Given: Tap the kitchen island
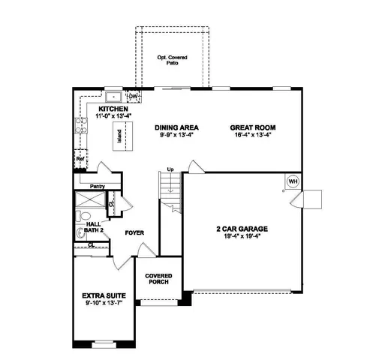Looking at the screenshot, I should click(x=119, y=136).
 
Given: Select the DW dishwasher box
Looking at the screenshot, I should click(x=133, y=97).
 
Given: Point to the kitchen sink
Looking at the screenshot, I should click(x=113, y=97).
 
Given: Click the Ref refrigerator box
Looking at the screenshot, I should click(x=79, y=160).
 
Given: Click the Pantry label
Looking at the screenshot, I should click(x=96, y=186).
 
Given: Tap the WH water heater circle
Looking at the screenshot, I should click(x=293, y=181).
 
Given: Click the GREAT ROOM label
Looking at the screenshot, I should click(x=248, y=127).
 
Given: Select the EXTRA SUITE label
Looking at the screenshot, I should click(x=103, y=297).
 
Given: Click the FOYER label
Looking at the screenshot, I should click(x=134, y=232).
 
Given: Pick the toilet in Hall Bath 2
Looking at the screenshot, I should click(x=80, y=233).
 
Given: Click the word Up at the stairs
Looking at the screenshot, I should click(x=170, y=169).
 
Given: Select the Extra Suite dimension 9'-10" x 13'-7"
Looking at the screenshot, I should click(x=103, y=305).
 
